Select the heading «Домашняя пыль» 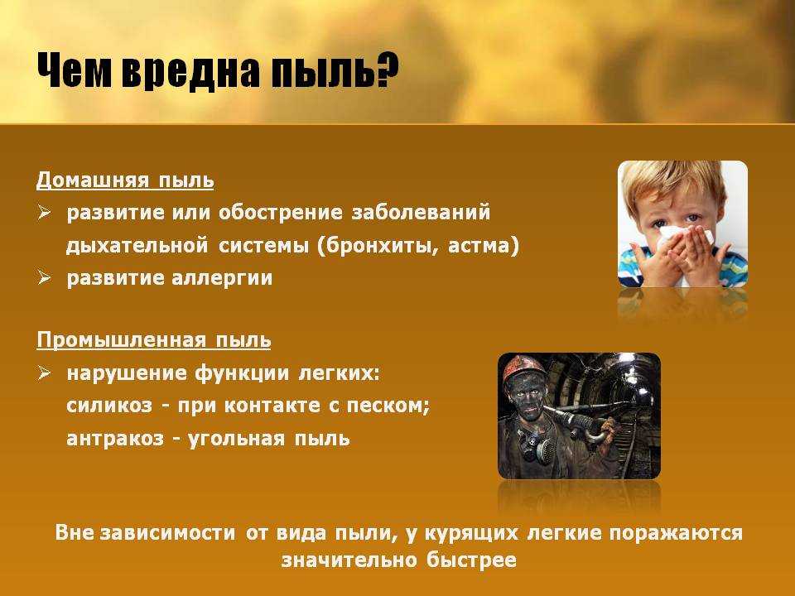point(125,180)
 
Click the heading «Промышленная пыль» point(154,340)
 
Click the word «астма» point(480,246)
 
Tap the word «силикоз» point(109,406)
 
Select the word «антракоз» point(115,439)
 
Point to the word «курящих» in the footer point(471,534)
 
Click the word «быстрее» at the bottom point(471,560)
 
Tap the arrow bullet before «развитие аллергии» point(44,278)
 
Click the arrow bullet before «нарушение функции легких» point(44,373)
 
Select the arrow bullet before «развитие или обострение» point(44,213)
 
